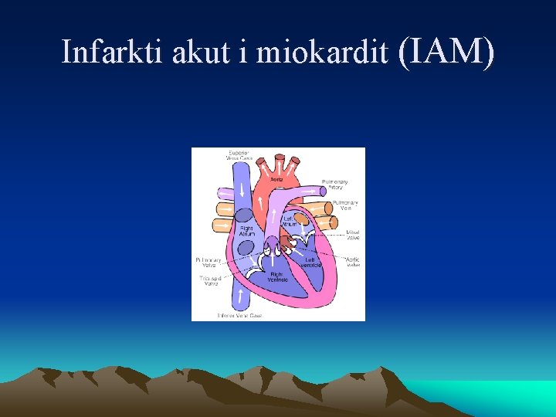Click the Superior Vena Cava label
239,154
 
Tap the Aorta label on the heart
276,179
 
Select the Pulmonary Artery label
337,185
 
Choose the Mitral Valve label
352,233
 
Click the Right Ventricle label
279,276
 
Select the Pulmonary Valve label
208,263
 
